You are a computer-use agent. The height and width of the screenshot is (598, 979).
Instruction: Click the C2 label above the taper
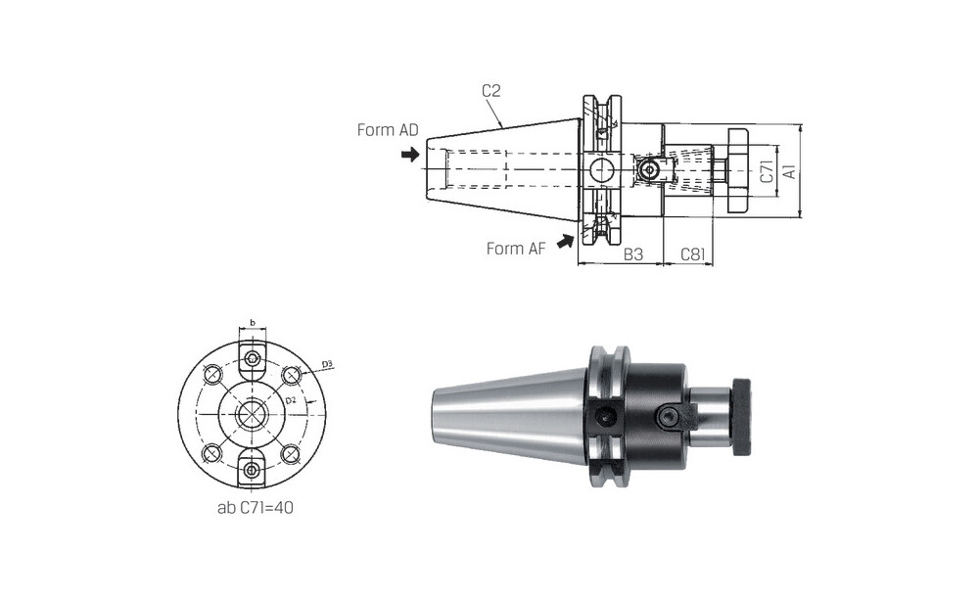[491, 91]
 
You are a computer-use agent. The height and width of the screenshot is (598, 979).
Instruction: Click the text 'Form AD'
[388, 130]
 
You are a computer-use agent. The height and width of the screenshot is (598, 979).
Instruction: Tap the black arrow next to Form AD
[410, 155]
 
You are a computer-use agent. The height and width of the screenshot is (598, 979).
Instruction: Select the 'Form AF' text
[516, 249]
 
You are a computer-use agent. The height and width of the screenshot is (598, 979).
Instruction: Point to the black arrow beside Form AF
[566, 241]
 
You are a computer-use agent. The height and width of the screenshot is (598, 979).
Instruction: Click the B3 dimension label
[633, 254]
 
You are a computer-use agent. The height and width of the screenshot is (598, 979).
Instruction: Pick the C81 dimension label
[693, 254]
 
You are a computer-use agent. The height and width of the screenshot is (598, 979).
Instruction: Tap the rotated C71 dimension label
[767, 171]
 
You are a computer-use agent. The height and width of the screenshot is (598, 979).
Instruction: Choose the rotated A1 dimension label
[790, 171]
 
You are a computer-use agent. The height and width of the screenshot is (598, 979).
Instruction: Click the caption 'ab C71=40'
[256, 508]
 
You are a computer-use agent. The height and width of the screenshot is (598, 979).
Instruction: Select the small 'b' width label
[253, 322]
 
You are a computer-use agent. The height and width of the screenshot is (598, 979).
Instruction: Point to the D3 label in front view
[327, 363]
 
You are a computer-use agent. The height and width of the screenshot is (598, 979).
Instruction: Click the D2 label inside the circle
[291, 399]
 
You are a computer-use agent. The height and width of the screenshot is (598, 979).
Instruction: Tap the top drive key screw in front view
[253, 357]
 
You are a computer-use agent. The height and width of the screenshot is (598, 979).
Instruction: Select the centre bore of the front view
[252, 414]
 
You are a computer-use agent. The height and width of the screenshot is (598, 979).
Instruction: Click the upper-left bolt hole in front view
[212, 375]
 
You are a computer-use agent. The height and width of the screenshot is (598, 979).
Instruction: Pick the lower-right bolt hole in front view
[291, 453]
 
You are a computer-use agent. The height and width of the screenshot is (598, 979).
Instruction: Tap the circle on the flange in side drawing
[602, 169]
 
